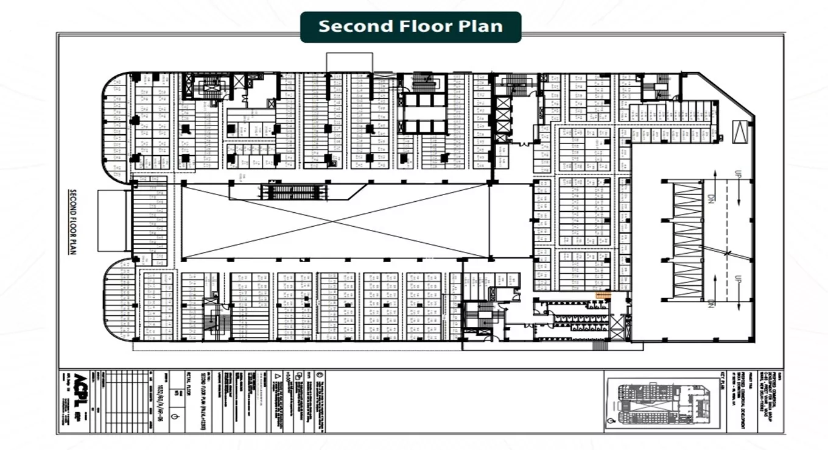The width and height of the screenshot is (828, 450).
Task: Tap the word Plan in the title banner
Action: pyautogui.click(x=482, y=27)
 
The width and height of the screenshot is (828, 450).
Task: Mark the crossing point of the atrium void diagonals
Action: pyautogui.click(x=335, y=221)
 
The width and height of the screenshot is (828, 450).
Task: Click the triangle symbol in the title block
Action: pyautogui.click(x=278, y=377)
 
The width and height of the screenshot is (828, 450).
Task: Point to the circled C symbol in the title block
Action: pyautogui.click(x=321, y=374)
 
